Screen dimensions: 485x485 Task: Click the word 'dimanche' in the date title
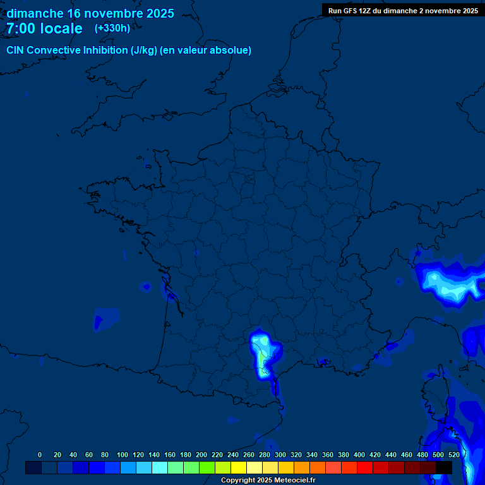(x=35, y=13)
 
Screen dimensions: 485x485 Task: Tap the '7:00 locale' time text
(x=44, y=28)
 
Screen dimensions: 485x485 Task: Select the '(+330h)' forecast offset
(x=112, y=28)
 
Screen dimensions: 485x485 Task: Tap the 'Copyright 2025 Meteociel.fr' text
(x=268, y=481)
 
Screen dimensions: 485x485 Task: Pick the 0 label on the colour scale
(x=40, y=455)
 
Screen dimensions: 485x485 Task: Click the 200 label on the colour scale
(x=201, y=455)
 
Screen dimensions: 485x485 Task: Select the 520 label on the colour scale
(x=453, y=455)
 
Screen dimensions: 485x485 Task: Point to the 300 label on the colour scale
(x=280, y=455)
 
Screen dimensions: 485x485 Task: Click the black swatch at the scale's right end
(x=444, y=467)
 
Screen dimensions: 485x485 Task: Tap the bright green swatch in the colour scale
(x=207, y=467)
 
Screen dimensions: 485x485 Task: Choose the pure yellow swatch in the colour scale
(x=239, y=467)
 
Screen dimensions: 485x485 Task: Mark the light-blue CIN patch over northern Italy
(x=450, y=283)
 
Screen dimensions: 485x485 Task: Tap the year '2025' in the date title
(x=160, y=13)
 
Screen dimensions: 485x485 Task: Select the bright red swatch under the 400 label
(x=365, y=467)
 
